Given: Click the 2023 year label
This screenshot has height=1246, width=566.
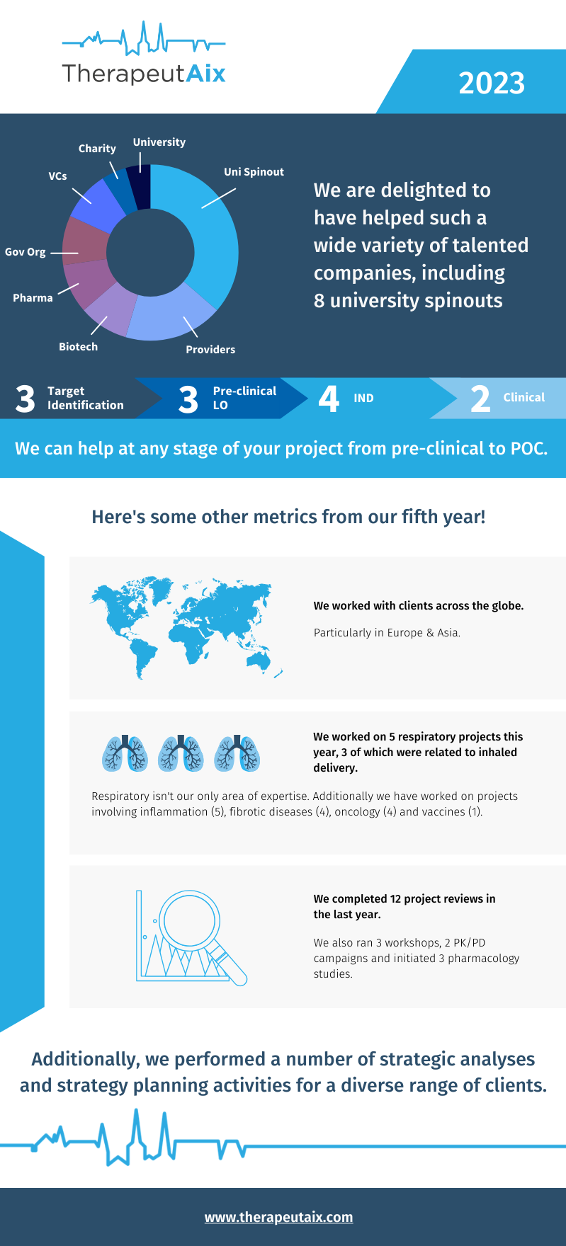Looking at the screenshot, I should click(x=492, y=84).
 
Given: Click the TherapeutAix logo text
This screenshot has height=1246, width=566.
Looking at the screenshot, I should click(x=144, y=74).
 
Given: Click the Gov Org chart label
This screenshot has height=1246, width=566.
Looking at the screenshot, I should click(x=26, y=252).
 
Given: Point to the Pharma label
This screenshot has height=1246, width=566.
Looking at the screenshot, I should click(x=33, y=298).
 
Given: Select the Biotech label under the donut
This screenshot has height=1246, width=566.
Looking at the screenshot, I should click(x=78, y=347).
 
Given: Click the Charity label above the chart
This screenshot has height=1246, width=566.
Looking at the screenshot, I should click(x=97, y=149).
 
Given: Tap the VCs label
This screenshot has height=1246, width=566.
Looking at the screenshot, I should click(x=57, y=176).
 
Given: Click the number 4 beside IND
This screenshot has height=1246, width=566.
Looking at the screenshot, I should click(x=329, y=399).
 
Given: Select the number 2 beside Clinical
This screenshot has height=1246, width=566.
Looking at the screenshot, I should click(x=480, y=399).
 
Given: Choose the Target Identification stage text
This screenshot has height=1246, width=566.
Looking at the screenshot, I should click(x=85, y=398).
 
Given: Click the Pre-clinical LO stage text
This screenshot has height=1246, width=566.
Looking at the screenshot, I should click(x=244, y=398).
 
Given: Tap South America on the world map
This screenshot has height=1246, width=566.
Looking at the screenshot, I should click(x=145, y=655).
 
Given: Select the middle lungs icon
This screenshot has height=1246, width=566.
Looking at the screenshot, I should click(x=181, y=753).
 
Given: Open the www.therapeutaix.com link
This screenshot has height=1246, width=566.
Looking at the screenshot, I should click(x=278, y=1217).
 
